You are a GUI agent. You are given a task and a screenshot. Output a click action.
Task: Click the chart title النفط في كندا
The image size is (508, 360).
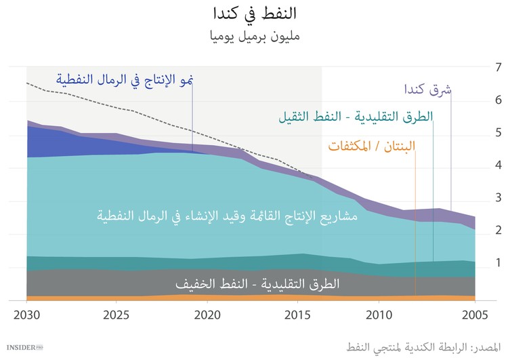pyautogui.click(x=254, y=14)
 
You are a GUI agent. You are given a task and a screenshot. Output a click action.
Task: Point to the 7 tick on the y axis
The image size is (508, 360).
pyautogui.click(x=498, y=67)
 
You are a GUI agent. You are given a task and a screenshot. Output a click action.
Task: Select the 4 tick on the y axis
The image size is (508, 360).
pyautogui.click(x=498, y=165)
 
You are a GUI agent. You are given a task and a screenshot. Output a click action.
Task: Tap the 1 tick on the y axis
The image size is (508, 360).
pyautogui.click(x=498, y=262)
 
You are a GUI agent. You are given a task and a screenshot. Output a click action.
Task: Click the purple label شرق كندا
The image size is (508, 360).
pyautogui.click(x=428, y=89)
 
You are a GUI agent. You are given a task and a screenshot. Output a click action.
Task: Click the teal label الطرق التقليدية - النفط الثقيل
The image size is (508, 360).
pyautogui.click(x=356, y=117)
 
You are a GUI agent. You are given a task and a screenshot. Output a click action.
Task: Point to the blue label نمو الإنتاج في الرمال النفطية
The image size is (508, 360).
pyautogui.click(x=125, y=80)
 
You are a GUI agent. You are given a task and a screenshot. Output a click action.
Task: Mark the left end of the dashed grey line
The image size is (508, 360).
pyautogui.click(x=27, y=83)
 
